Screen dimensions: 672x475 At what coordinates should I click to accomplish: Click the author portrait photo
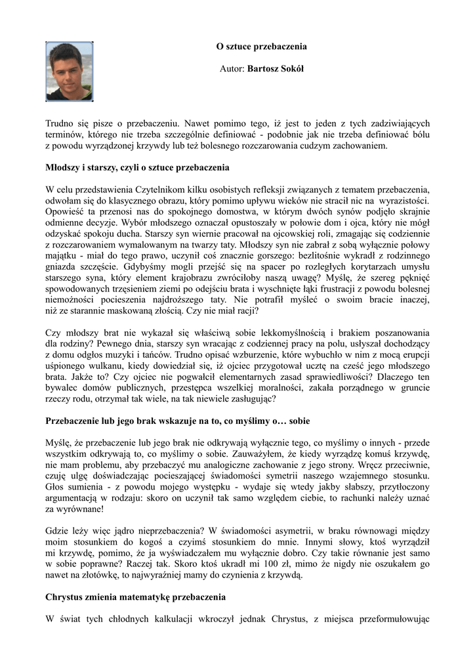pos(69,71)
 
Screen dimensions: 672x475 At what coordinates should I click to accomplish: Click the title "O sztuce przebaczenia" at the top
pos(262,47)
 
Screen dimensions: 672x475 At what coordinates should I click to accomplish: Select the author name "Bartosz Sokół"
pos(275,68)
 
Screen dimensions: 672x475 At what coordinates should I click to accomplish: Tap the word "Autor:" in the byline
pos(232,68)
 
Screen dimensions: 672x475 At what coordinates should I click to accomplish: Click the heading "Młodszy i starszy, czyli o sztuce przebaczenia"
pos(137,167)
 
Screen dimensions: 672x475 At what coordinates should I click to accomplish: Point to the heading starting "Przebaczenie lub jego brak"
pos(177,419)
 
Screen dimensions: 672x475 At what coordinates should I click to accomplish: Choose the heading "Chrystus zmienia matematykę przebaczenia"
pos(136,597)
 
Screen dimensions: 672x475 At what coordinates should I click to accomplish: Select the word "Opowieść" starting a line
pos(65,211)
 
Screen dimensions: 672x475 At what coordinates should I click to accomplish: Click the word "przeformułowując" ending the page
pos(391,619)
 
